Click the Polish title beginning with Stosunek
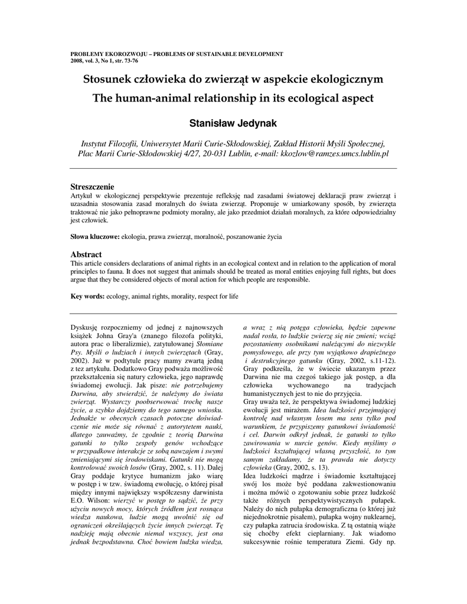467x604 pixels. tap(233, 79)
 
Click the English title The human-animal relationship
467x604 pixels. tap(233, 98)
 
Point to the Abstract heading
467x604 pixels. tap(86, 254)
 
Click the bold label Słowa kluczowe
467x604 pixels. tap(95, 237)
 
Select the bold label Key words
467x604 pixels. tap(87, 297)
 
